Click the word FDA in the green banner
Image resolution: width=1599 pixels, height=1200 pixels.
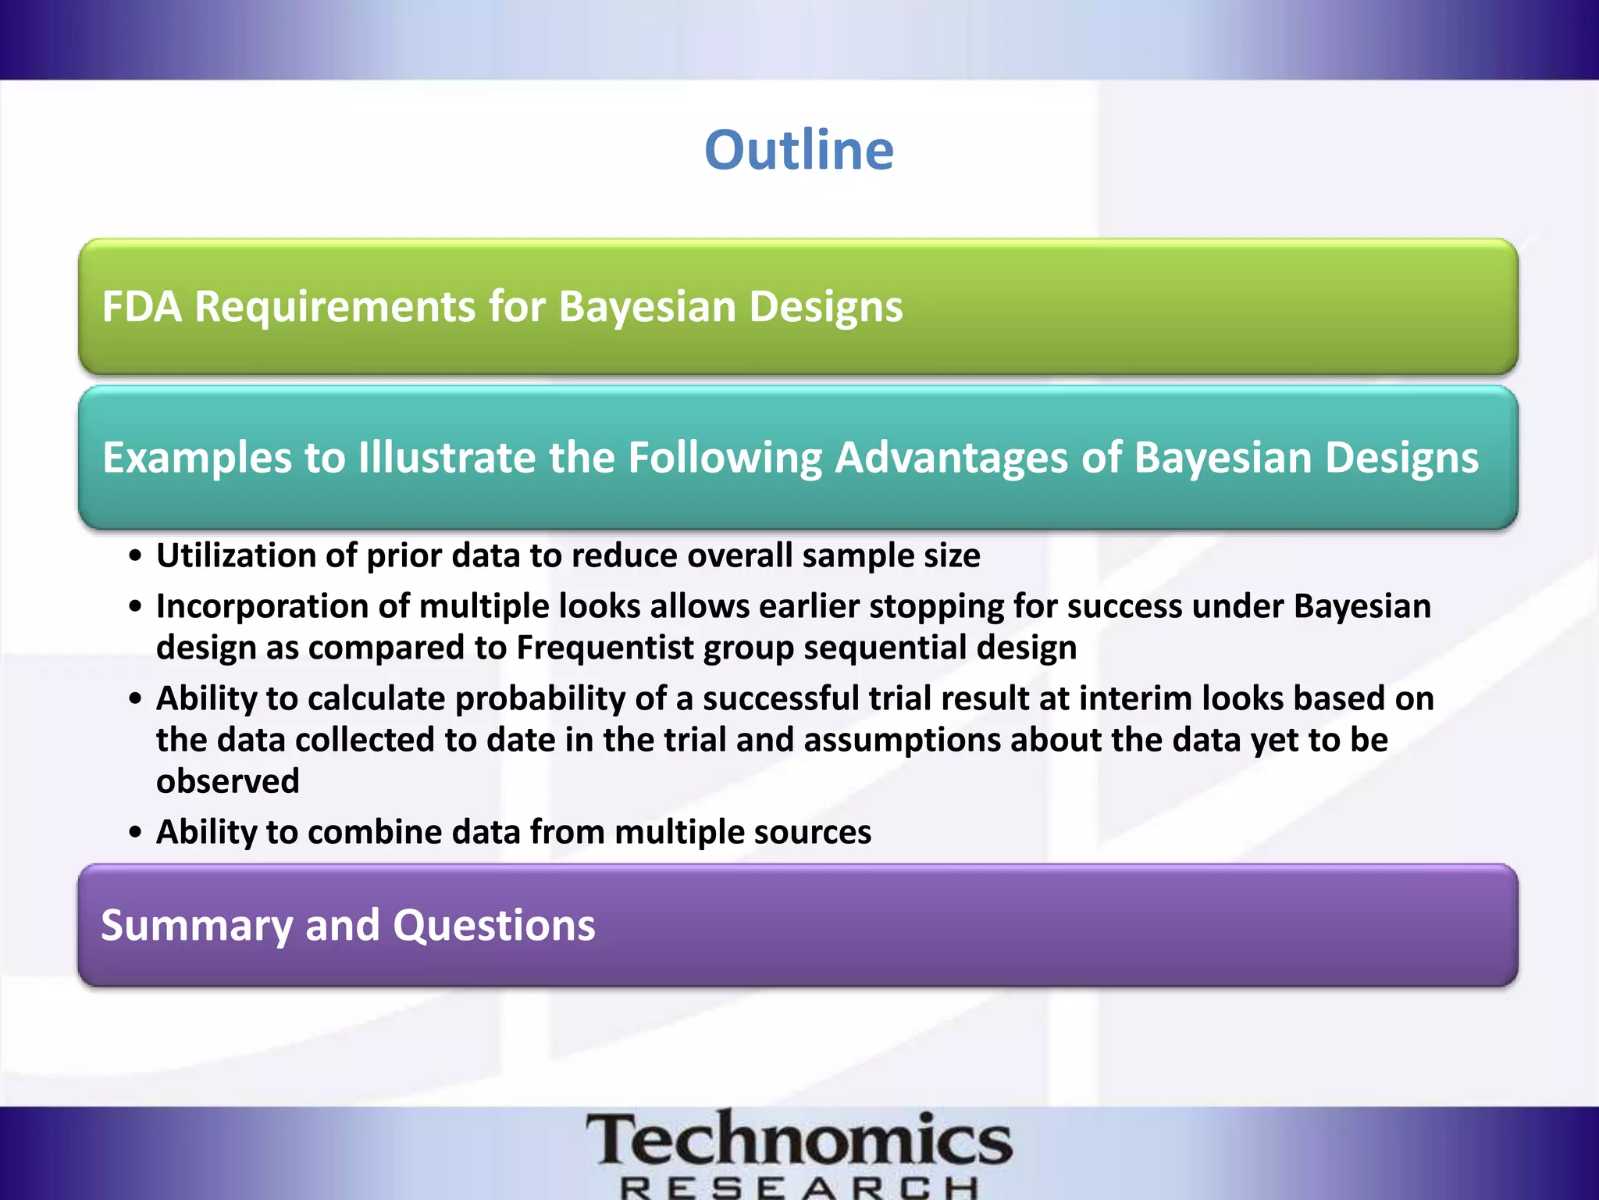click(x=141, y=306)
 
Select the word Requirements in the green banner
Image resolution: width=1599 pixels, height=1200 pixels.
click(x=335, y=306)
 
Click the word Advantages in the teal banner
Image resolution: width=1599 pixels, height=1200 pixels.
click(x=951, y=457)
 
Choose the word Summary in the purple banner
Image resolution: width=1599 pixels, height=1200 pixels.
click(x=196, y=926)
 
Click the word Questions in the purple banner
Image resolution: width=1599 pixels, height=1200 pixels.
click(x=493, y=926)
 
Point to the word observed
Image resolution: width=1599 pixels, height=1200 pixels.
click(x=228, y=781)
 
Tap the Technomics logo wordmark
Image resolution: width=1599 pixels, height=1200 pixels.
click(x=799, y=1141)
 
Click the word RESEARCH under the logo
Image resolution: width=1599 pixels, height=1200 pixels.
click(x=799, y=1188)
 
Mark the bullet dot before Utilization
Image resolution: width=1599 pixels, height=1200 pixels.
click(x=137, y=556)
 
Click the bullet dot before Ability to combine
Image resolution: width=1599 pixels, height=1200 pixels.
click(x=137, y=833)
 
